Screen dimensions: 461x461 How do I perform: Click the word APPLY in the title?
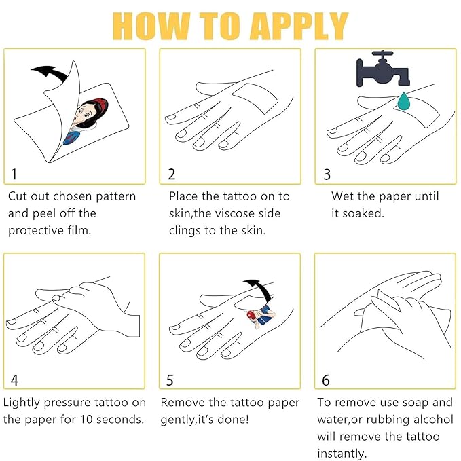click(299, 26)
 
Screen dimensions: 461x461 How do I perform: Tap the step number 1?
click(14, 174)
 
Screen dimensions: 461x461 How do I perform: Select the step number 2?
click(171, 174)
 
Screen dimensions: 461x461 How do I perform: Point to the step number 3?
click(327, 174)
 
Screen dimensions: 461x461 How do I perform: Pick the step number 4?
click(14, 380)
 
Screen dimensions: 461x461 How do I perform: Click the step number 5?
click(170, 380)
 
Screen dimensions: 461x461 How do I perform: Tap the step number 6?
click(326, 380)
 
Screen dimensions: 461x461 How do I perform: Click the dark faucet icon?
click(383, 69)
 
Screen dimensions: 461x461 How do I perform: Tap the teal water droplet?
click(404, 101)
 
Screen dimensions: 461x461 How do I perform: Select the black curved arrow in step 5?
click(261, 290)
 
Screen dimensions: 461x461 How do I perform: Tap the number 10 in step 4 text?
click(86, 420)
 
